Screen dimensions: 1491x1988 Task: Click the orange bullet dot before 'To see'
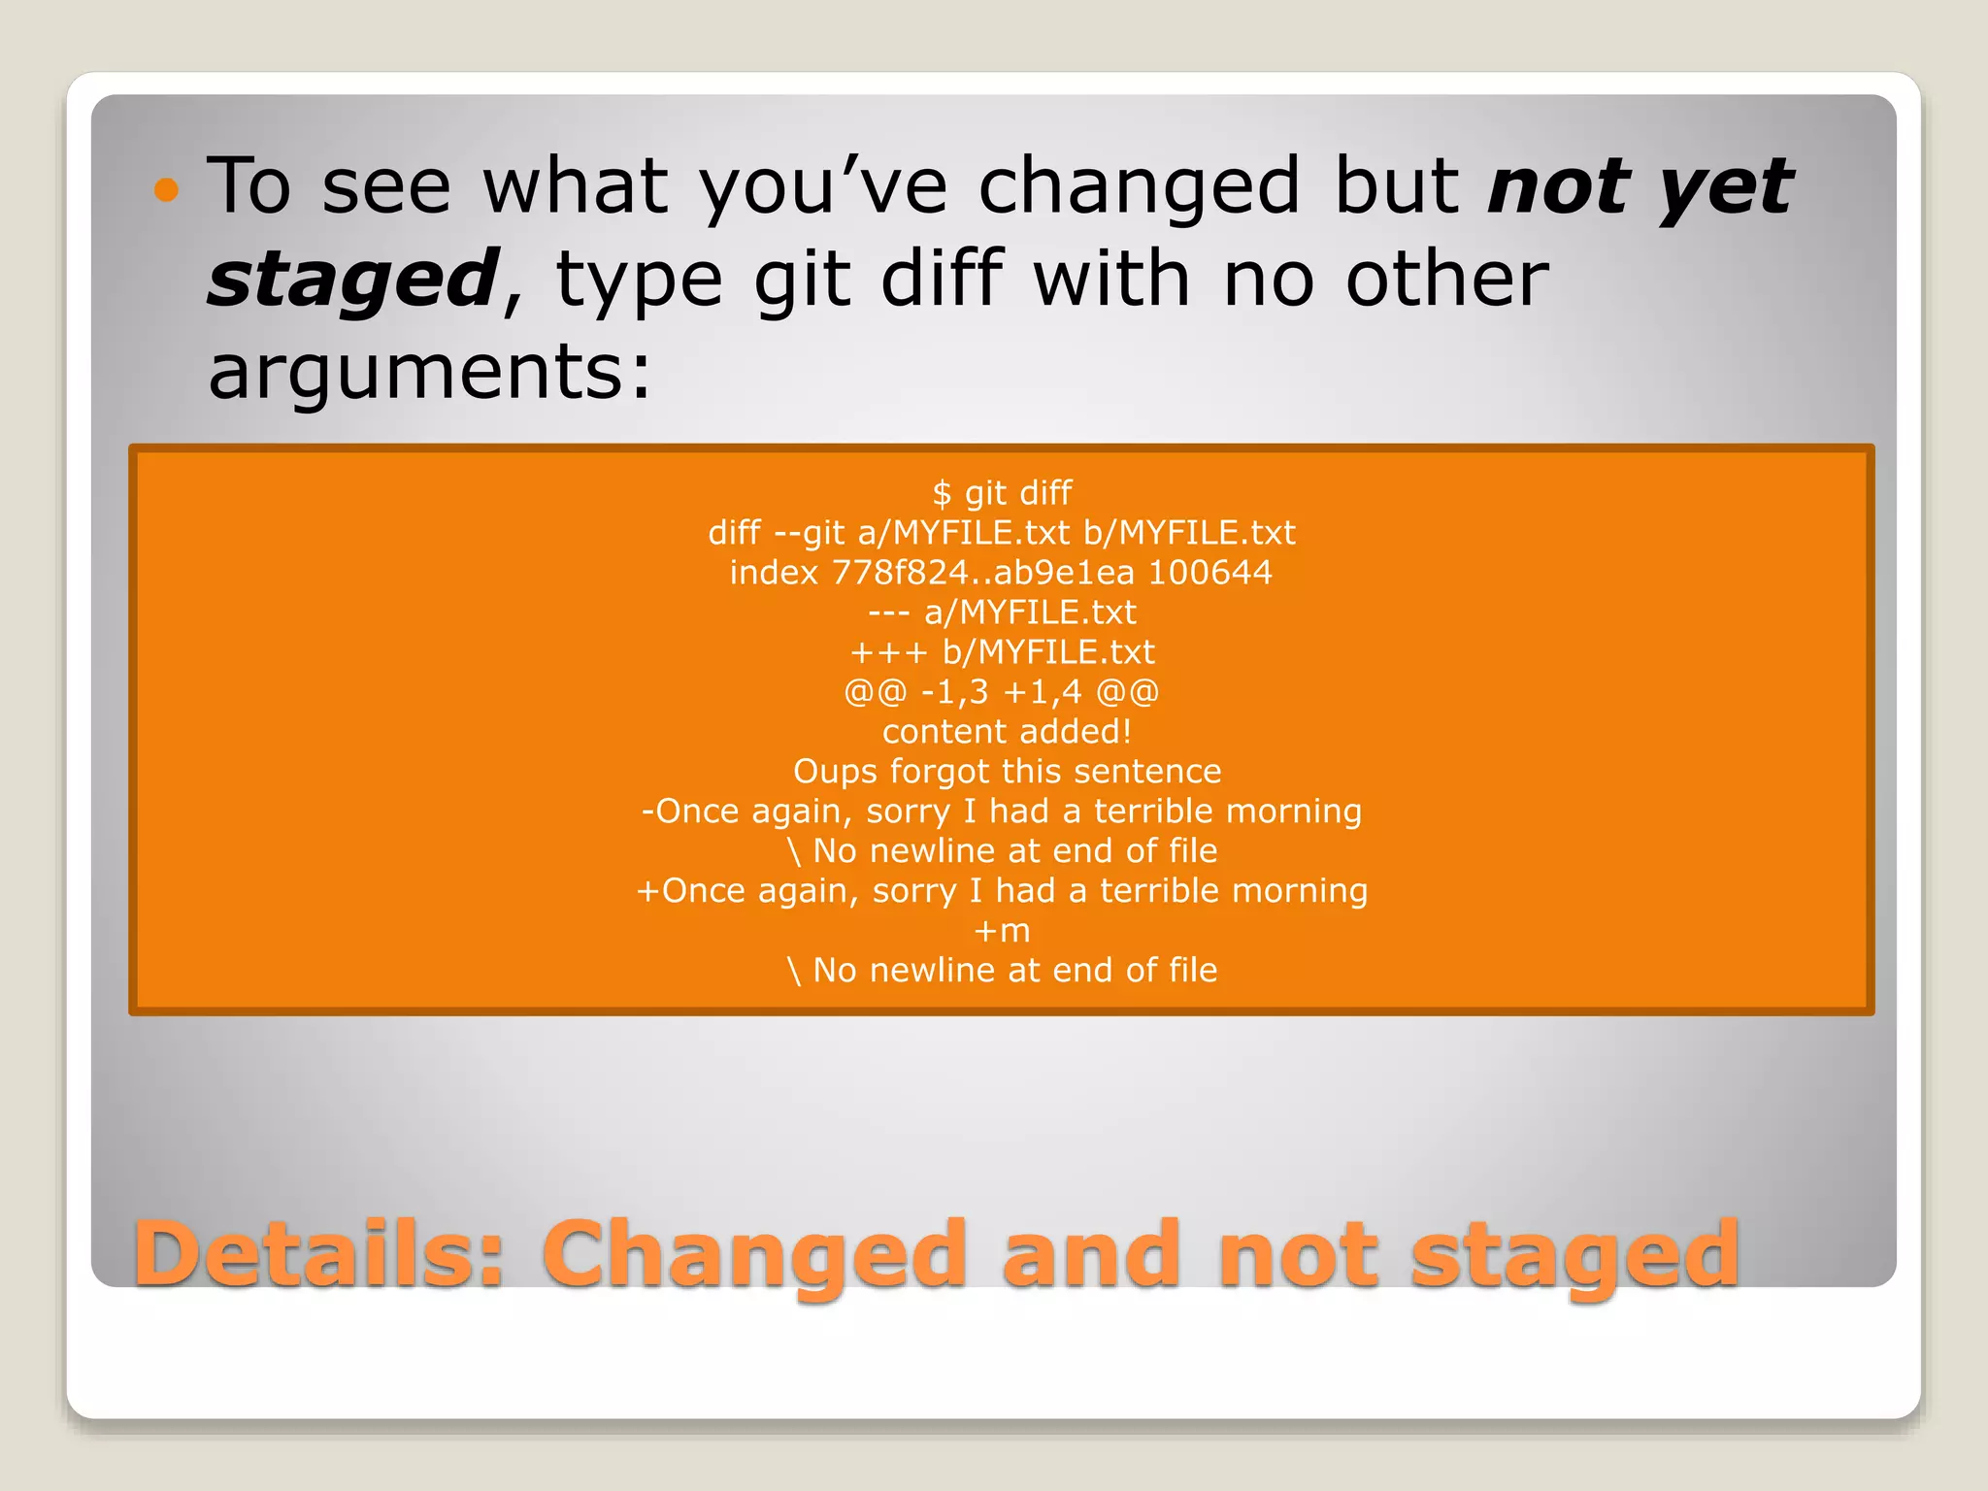(x=167, y=189)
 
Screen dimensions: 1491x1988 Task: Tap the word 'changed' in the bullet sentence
(x=1139, y=187)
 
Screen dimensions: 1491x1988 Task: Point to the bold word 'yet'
(x=1725, y=187)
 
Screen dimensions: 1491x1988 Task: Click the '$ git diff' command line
(x=1002, y=493)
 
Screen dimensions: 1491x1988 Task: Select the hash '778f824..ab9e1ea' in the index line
(x=982, y=573)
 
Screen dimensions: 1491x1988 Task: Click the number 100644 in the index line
(x=1209, y=573)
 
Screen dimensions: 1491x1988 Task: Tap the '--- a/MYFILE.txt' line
(x=1002, y=613)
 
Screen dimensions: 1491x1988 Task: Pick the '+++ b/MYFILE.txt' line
(x=1002, y=652)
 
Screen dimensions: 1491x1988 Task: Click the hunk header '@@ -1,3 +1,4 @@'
(x=1002, y=692)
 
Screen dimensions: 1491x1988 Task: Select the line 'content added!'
(x=1007, y=732)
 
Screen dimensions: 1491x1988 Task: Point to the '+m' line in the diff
(x=1002, y=931)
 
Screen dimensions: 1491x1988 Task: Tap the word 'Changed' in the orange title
(x=753, y=1254)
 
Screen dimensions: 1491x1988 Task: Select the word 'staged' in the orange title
(x=1574, y=1254)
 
